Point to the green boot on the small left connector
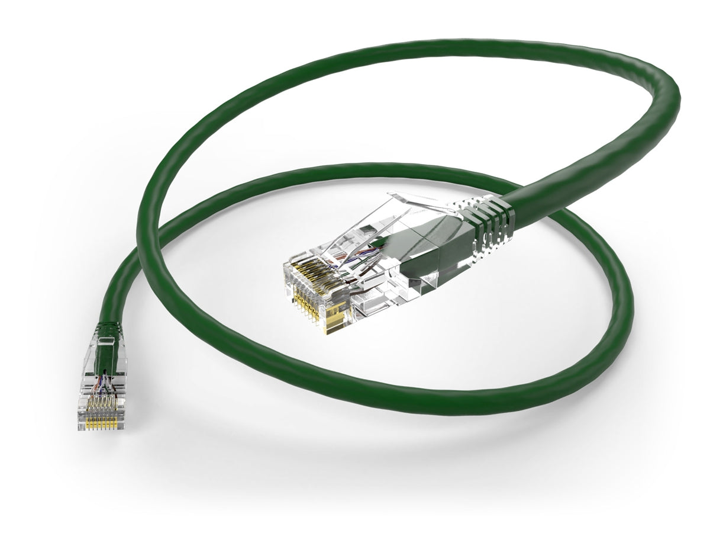click(107, 332)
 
